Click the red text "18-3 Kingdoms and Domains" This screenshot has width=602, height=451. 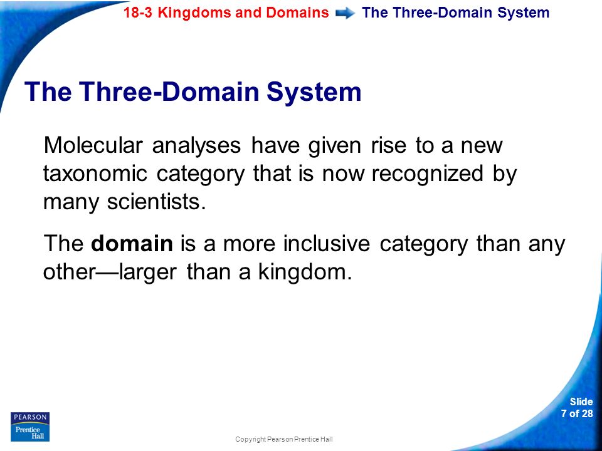226,13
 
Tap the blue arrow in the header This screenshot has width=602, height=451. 345,13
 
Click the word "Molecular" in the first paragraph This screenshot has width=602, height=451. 93,145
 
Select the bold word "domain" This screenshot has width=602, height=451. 132,244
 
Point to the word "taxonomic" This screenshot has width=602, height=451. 95,174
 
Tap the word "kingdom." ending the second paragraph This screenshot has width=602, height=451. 305,272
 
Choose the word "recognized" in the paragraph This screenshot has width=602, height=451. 427,174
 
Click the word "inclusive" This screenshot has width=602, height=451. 327,244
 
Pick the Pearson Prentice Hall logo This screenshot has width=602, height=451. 30,427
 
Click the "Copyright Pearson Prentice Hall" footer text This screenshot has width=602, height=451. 283,439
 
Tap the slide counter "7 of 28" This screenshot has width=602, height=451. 577,413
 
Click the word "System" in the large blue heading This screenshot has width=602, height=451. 314,91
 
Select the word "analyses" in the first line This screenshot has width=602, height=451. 196,146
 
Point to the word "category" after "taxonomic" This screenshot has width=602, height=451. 201,175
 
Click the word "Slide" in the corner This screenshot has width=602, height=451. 581,402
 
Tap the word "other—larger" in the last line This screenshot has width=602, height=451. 110,272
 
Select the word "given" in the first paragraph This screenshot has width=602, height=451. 335,146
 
